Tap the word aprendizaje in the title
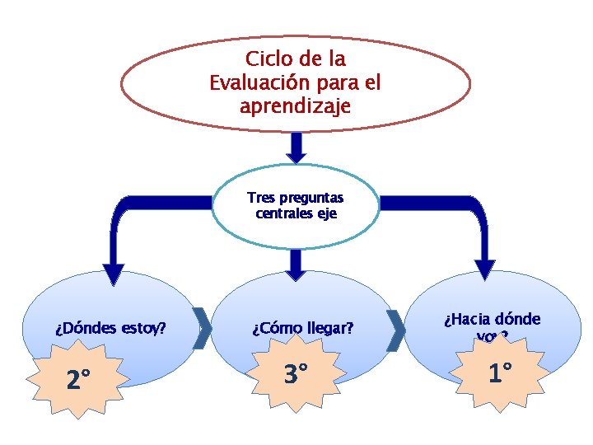[295, 106]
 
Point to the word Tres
[262, 198]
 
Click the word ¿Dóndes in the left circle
[86, 329]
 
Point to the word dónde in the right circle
[518, 319]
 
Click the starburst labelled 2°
[79, 380]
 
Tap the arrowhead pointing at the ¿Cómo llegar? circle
[296, 265]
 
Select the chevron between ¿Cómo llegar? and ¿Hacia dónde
[396, 330]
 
